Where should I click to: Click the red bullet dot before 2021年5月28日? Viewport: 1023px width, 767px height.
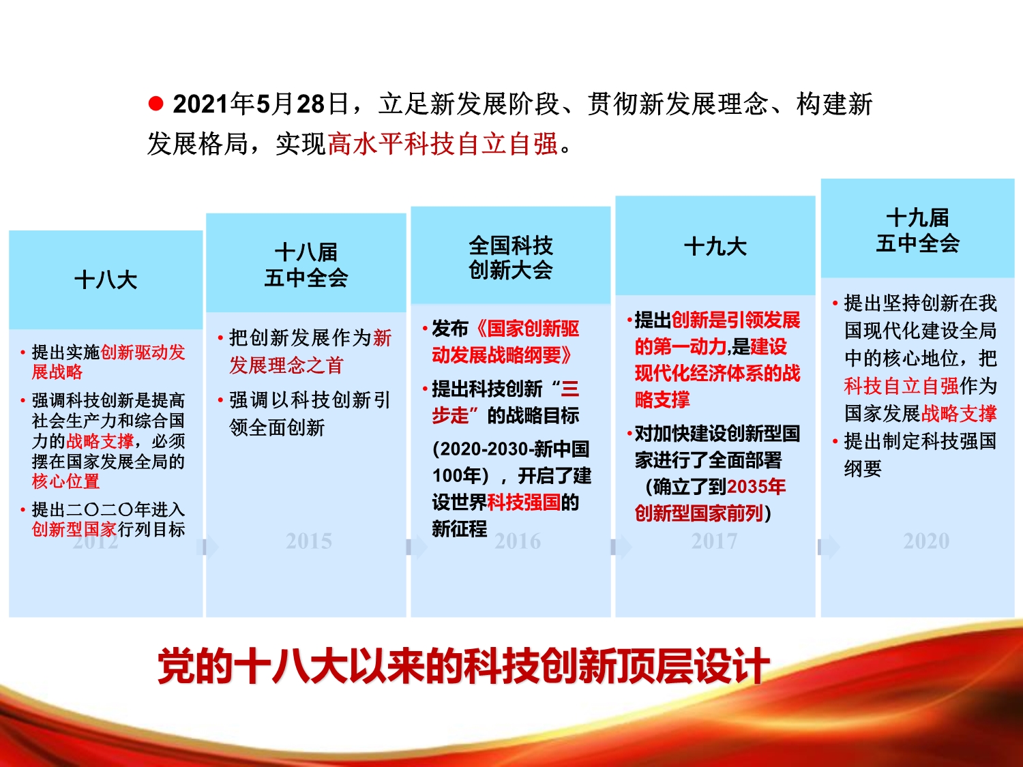pyautogui.click(x=155, y=104)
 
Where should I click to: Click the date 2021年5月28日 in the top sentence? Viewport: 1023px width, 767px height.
pyautogui.click(x=261, y=104)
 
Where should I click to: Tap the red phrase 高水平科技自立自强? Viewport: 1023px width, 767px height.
pyautogui.click(x=443, y=143)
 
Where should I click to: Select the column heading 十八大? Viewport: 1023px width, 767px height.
pyautogui.click(x=106, y=280)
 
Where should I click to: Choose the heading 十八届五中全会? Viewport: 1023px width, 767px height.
pyautogui.click(x=306, y=265)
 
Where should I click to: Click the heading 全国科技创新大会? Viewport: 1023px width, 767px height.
pyautogui.click(x=511, y=258)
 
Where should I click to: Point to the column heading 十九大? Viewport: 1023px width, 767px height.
pyautogui.click(x=715, y=246)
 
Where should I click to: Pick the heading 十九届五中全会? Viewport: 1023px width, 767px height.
pyautogui.click(x=918, y=230)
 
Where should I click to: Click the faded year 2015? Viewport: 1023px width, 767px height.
pyautogui.click(x=308, y=541)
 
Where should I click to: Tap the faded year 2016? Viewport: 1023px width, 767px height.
pyautogui.click(x=518, y=541)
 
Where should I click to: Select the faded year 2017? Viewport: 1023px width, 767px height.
pyautogui.click(x=714, y=541)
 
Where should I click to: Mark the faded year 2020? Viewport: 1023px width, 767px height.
pyautogui.click(x=926, y=541)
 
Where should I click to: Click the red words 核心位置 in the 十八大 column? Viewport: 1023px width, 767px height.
pyautogui.click(x=65, y=481)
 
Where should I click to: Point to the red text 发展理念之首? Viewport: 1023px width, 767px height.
pyautogui.click(x=286, y=365)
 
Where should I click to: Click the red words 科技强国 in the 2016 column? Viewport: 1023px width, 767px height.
pyautogui.click(x=524, y=502)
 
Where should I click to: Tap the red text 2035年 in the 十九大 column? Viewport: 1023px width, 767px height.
pyautogui.click(x=756, y=487)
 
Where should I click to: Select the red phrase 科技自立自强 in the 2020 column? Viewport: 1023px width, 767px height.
pyautogui.click(x=902, y=386)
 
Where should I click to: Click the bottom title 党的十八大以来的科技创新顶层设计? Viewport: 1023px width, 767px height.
pyautogui.click(x=463, y=666)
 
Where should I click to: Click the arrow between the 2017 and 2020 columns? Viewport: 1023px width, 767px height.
pyautogui.click(x=829, y=547)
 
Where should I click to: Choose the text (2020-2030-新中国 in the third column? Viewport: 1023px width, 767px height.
pyautogui.click(x=511, y=449)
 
